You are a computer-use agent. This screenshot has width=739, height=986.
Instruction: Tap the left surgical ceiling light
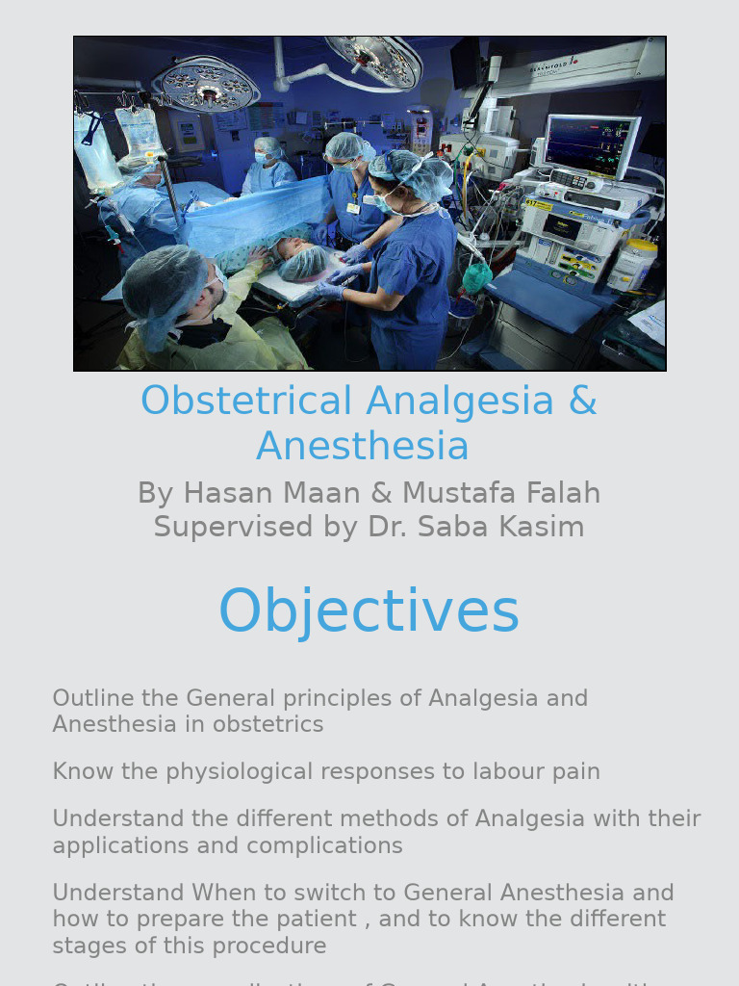point(206,85)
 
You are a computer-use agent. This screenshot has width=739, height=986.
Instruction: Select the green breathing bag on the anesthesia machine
point(477,278)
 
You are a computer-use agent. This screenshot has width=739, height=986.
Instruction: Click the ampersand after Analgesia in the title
point(583,402)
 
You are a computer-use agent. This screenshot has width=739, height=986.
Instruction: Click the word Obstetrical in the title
point(246,402)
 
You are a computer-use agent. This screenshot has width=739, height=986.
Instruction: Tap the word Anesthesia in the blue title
point(363,447)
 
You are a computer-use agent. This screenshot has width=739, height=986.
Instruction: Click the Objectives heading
point(369,611)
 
